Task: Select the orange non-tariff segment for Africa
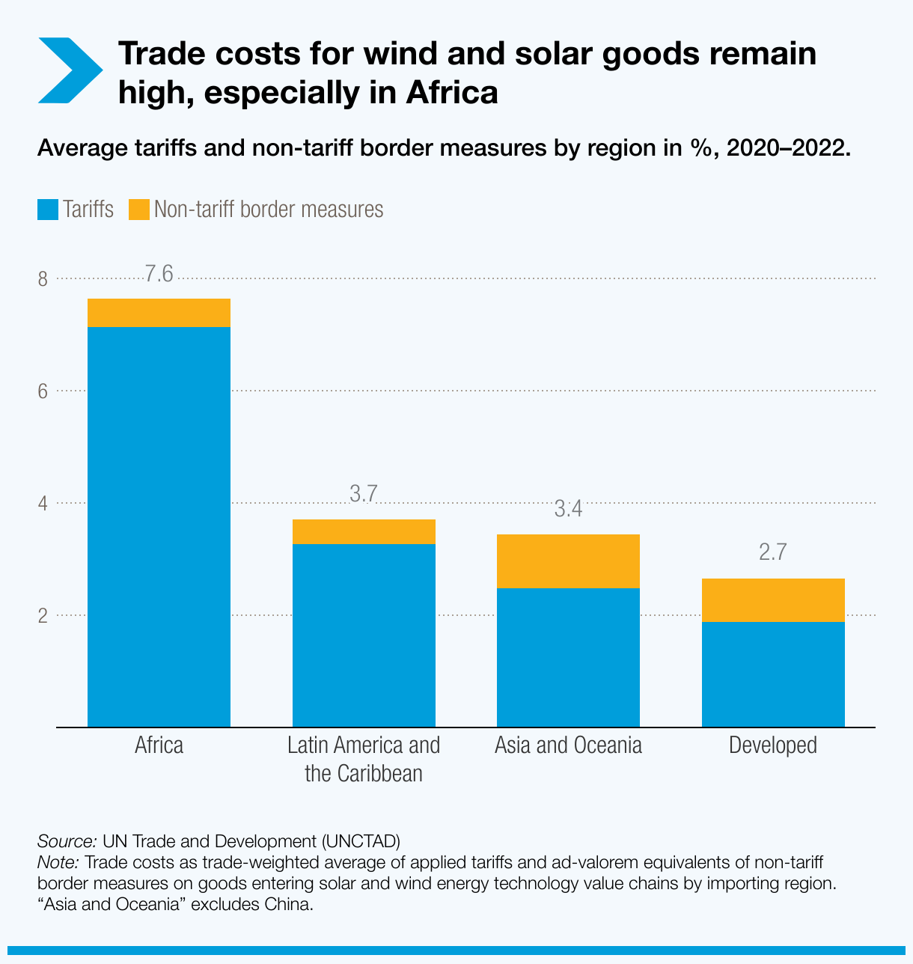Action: (159, 313)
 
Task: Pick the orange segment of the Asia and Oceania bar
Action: (568, 561)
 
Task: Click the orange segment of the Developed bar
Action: (773, 600)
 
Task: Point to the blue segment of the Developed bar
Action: (773, 674)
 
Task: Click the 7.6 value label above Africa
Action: (159, 275)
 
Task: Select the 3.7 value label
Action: (364, 494)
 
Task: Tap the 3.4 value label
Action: (568, 510)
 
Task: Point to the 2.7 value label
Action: (773, 553)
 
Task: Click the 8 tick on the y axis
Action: (43, 280)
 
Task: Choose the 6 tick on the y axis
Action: (43, 391)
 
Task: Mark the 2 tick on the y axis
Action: (43, 615)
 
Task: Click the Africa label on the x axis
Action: (159, 745)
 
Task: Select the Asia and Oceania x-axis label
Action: (568, 745)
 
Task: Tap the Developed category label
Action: (773, 745)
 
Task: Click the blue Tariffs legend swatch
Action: (48, 210)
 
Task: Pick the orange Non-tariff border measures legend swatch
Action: (139, 210)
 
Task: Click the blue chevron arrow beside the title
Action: (70, 70)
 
